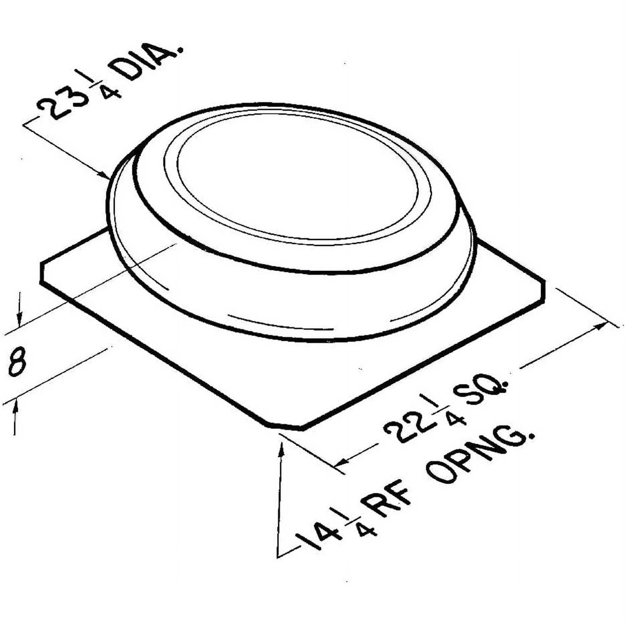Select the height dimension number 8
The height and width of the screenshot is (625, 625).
pos(17,362)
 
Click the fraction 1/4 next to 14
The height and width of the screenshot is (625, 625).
pos(354,521)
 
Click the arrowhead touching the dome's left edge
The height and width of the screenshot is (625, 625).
pos(104,175)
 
